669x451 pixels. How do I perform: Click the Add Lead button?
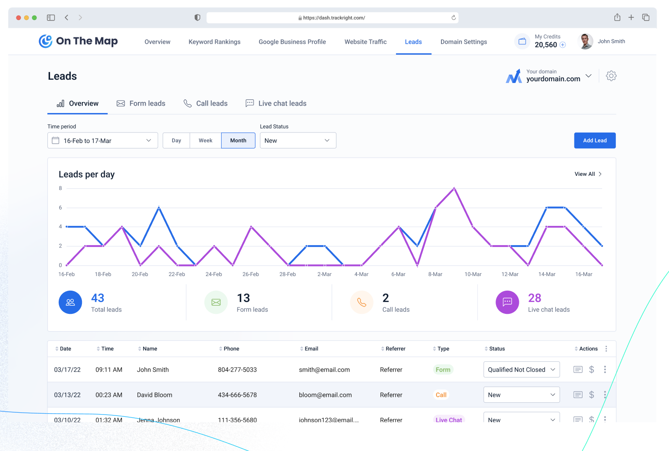594,140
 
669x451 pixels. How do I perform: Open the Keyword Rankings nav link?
214,42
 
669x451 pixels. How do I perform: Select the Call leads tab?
206,103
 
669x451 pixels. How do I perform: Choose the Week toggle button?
205,140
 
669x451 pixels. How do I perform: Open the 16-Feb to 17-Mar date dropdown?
102,140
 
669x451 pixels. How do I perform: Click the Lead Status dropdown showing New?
298,140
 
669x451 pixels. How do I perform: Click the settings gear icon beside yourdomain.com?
611,76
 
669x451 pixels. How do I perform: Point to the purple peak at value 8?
454,188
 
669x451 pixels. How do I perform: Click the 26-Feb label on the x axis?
251,274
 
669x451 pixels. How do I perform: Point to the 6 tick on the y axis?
61,208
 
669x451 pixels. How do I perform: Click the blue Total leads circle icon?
70,302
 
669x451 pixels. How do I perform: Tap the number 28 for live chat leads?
535,298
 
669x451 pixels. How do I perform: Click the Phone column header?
231,349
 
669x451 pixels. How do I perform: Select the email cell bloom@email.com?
325,395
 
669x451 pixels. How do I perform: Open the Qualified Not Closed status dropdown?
521,369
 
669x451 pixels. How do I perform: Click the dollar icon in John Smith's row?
592,369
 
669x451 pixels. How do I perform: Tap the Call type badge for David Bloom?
441,395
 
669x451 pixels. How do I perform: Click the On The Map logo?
78,41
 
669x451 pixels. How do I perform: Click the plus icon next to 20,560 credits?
563,45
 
